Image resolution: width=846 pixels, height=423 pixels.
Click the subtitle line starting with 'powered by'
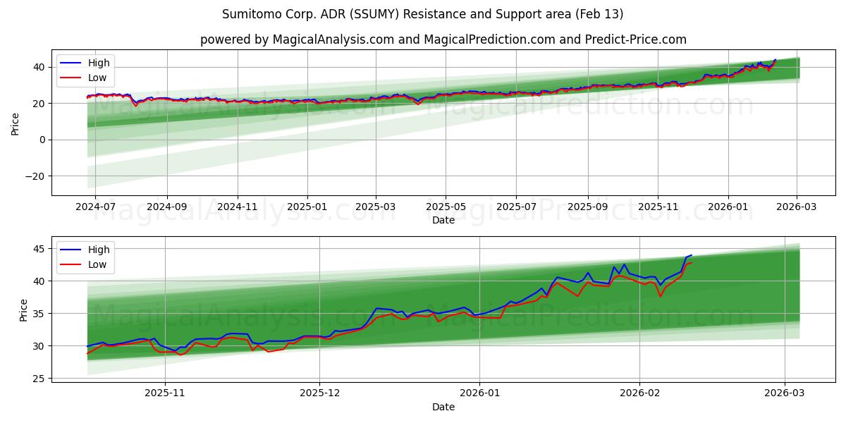tap(443, 39)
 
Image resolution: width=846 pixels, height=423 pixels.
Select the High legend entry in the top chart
tap(98, 63)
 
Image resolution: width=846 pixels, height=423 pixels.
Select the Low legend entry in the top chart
tap(97, 78)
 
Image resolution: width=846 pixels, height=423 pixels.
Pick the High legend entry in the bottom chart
tap(98, 250)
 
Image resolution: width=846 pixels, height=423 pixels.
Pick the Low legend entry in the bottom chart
tap(97, 264)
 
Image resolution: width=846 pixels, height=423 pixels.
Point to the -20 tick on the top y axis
tap(35, 176)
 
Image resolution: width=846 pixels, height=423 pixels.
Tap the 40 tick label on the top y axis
tap(39, 67)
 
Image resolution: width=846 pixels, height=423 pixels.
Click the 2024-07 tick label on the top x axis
tap(95, 208)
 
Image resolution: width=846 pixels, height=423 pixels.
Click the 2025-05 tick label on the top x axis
tap(446, 208)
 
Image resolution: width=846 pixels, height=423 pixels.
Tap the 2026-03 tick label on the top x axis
tap(797, 208)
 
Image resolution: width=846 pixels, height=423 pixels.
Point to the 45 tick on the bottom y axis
tap(39, 249)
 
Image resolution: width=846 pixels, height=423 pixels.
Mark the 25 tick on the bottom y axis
tap(39, 379)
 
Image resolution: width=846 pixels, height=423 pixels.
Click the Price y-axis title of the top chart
tap(16, 123)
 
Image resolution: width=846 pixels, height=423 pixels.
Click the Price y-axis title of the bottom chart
tap(24, 310)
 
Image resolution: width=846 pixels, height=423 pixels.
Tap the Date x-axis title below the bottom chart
tap(443, 407)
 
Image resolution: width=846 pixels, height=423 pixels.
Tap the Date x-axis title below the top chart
tap(443, 220)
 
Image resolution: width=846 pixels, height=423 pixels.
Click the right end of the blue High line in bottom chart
tap(692, 255)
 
